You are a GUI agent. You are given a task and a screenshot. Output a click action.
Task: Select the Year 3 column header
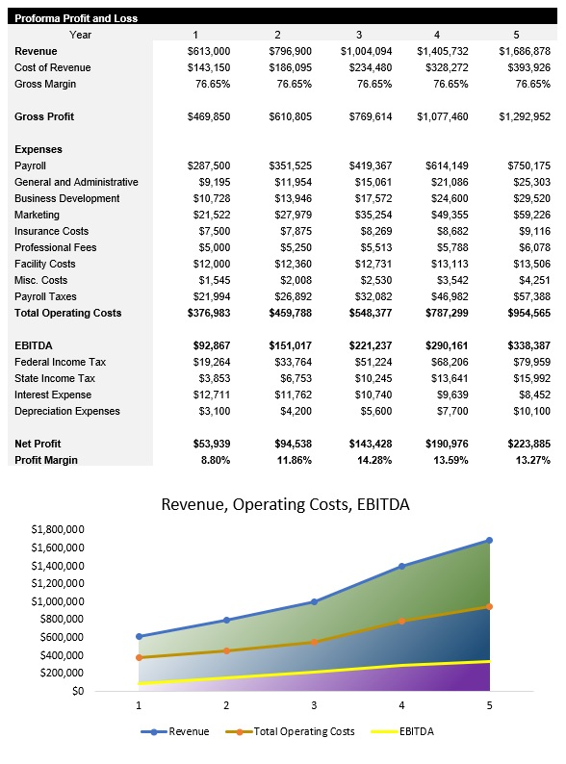[358, 35]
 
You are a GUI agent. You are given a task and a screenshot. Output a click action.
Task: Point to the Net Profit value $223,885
[525, 444]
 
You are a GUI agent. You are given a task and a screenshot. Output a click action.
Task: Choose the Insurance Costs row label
[51, 231]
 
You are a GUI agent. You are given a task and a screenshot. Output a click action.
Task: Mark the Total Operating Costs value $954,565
[525, 313]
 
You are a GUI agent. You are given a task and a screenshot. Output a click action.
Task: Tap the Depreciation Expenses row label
[67, 411]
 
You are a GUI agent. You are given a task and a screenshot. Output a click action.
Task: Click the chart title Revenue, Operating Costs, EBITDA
[285, 503]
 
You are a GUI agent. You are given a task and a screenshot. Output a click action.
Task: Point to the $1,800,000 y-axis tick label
[58, 529]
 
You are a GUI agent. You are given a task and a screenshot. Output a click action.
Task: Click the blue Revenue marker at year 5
[489, 540]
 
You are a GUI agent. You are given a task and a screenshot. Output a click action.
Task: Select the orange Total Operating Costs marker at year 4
[401, 621]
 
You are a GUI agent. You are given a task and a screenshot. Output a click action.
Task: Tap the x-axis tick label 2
[226, 705]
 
